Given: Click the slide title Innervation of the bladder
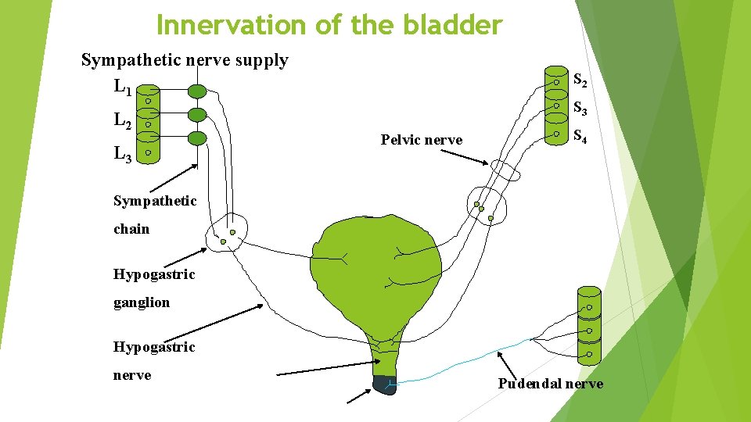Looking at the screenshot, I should (x=329, y=25).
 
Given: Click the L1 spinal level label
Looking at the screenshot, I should (x=122, y=86).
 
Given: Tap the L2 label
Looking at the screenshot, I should (x=122, y=120).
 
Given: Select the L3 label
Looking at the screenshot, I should (x=122, y=154).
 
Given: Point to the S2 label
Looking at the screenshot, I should (x=580, y=80).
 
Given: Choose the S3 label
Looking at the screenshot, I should (x=580, y=108).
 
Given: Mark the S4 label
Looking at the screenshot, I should (x=580, y=136).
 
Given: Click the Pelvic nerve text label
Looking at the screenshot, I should (x=421, y=140).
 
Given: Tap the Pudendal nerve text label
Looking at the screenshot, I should (x=551, y=384).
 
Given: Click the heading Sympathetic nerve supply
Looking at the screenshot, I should (x=185, y=60).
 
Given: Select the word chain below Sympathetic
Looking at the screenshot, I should (x=131, y=229).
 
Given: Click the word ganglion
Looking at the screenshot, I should (x=142, y=302).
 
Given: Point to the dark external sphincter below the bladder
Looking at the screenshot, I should (x=385, y=384).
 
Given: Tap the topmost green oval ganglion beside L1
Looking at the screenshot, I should (x=198, y=91).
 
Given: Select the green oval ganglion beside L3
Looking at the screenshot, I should (x=198, y=138).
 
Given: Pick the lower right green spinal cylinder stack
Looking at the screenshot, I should (x=588, y=324).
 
